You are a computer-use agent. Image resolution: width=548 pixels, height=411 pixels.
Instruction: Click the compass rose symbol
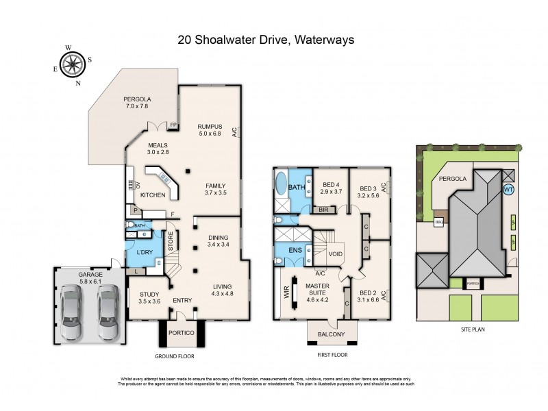pyautogui.click(x=71, y=65)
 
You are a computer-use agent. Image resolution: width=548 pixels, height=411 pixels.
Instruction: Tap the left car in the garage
pyautogui.click(x=73, y=312)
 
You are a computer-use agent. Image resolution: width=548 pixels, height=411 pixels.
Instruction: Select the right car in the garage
pyautogui.click(x=108, y=312)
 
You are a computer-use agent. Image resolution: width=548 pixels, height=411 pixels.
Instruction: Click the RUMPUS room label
pyautogui.click(x=210, y=126)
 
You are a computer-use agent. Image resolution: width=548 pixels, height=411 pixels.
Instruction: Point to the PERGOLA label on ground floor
pyautogui.click(x=137, y=99)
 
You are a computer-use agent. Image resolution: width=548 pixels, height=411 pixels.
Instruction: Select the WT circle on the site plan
pyautogui.click(x=508, y=189)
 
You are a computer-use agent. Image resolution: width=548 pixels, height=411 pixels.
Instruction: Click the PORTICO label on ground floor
pyautogui.click(x=178, y=332)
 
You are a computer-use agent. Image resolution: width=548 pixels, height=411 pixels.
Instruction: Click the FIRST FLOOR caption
pyautogui.click(x=332, y=355)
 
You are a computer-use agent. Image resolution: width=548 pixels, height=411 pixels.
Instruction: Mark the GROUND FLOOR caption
pyautogui.click(x=175, y=356)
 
